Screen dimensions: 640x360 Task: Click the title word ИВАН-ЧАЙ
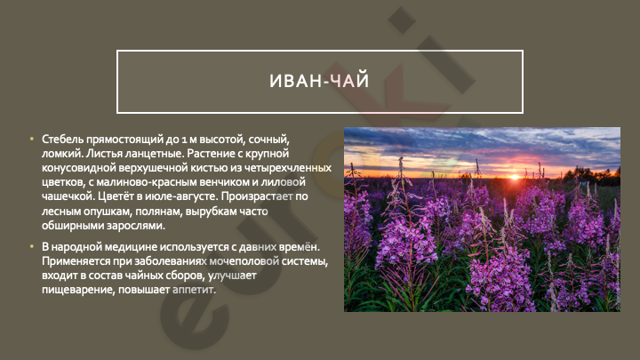(319, 80)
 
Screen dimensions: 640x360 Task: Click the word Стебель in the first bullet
(62, 140)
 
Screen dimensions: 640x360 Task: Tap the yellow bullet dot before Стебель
(32, 140)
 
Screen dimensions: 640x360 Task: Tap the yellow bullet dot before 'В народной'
(32, 246)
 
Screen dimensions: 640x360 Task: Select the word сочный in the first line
(268, 140)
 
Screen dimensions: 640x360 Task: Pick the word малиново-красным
(148, 182)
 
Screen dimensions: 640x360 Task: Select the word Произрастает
(257, 196)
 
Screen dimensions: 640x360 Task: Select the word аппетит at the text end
(194, 290)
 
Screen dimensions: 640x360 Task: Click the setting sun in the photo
(515, 177)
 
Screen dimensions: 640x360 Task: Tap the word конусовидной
(79, 168)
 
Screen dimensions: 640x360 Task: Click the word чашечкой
(68, 196)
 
